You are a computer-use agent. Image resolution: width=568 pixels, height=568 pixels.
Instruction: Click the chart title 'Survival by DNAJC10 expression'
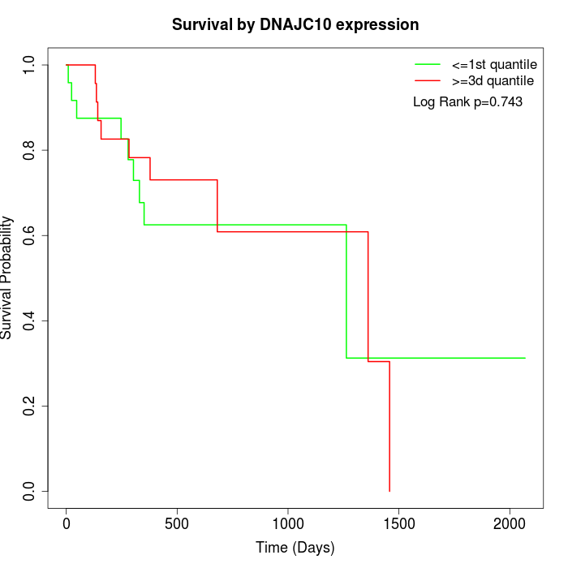(x=295, y=25)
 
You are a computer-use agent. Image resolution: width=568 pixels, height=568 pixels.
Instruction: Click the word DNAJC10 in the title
(x=297, y=25)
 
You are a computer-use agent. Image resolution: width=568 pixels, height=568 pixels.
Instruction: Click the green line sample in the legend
(x=428, y=64)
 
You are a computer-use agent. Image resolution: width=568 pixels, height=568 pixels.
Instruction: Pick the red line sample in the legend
(x=428, y=80)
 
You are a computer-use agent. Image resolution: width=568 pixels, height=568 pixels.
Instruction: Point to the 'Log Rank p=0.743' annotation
(x=467, y=102)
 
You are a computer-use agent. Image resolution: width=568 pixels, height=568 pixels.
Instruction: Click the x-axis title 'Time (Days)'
(x=295, y=548)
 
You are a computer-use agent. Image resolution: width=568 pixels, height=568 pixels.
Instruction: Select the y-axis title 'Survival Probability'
(x=7, y=278)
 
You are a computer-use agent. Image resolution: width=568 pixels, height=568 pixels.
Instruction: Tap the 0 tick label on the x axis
(x=67, y=523)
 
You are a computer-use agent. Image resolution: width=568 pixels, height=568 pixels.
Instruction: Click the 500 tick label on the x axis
(x=177, y=523)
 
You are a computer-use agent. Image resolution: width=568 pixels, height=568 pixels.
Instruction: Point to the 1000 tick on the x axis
(x=288, y=523)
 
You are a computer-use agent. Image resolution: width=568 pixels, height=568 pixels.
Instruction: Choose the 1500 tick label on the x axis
(x=398, y=523)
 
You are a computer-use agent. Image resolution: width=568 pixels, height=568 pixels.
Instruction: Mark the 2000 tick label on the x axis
(x=510, y=523)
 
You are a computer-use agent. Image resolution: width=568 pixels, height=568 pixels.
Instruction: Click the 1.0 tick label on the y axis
(x=30, y=65)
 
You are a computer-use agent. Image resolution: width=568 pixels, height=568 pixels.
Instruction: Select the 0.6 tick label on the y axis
(x=30, y=235)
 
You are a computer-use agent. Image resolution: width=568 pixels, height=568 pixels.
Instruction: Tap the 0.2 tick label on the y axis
(x=30, y=406)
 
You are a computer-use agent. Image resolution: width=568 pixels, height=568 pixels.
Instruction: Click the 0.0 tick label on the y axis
(x=30, y=491)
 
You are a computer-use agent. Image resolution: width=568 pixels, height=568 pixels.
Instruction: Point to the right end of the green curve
(x=525, y=358)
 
